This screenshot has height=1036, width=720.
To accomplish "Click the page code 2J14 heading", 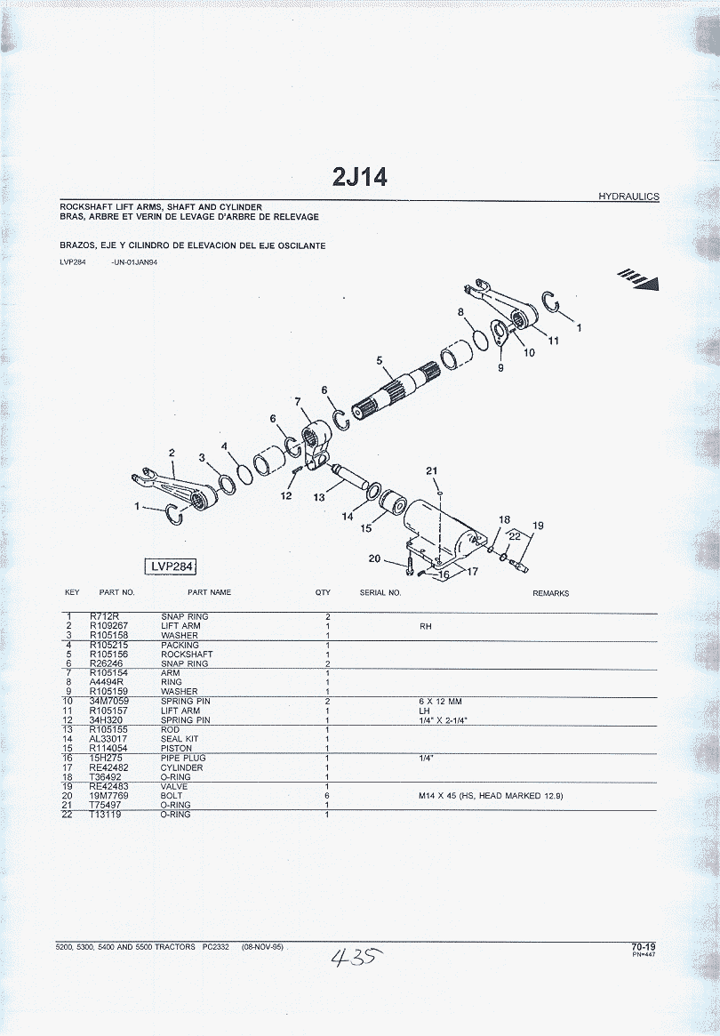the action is click(360, 177).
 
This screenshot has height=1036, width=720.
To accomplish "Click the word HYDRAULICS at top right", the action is click(628, 197).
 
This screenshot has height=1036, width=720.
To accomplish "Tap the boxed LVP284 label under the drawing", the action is click(171, 566).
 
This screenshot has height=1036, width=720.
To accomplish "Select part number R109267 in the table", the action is click(109, 626).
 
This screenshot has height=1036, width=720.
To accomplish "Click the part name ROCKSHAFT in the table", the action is click(187, 655).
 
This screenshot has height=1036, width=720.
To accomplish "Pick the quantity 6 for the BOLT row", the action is click(327, 796).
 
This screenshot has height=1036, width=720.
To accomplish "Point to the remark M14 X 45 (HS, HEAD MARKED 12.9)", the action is click(491, 796).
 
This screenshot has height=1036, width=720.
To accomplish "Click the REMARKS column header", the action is click(550, 593).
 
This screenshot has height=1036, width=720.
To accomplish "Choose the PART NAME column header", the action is click(210, 592).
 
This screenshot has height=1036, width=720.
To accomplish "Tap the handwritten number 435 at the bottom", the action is click(356, 956).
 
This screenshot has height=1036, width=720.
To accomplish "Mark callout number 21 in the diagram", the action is click(431, 471).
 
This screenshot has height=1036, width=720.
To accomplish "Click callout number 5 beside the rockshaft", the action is click(380, 361).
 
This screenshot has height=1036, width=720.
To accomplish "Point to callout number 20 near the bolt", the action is click(374, 559).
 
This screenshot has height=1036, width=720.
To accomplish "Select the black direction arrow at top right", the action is click(639, 279).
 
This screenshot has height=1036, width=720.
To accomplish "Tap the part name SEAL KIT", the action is click(180, 739).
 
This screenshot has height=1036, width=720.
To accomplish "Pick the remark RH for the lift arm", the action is click(426, 626).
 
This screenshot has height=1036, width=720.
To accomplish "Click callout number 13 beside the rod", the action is click(319, 497).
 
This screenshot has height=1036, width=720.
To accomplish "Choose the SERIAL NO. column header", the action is click(380, 592).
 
